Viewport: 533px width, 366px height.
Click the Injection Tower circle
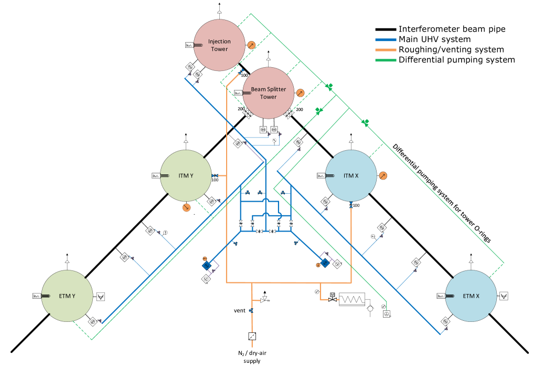[219, 45]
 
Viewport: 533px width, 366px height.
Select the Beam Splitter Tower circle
[268, 93]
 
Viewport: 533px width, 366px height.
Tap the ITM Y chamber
[186, 175]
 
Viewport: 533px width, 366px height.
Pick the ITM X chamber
[351, 175]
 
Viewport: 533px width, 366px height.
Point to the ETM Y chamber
[67, 296]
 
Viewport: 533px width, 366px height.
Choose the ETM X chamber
[471, 296]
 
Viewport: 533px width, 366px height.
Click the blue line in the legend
[386, 40]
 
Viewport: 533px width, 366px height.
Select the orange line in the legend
[386, 50]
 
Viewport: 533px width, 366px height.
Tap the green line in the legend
[386, 60]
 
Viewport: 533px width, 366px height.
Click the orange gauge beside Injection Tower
[251, 45]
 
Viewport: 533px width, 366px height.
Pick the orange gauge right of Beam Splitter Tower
[300, 93]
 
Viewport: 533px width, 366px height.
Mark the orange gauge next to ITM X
[383, 175]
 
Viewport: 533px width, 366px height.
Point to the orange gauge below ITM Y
[186, 208]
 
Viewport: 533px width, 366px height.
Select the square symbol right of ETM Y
[101, 296]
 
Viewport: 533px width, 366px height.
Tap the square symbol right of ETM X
[504, 296]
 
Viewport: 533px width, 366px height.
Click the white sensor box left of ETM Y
[37, 296]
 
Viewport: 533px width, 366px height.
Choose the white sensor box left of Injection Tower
[189, 46]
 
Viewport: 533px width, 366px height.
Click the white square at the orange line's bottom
[252, 336]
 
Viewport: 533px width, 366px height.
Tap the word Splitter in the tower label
[275, 89]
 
